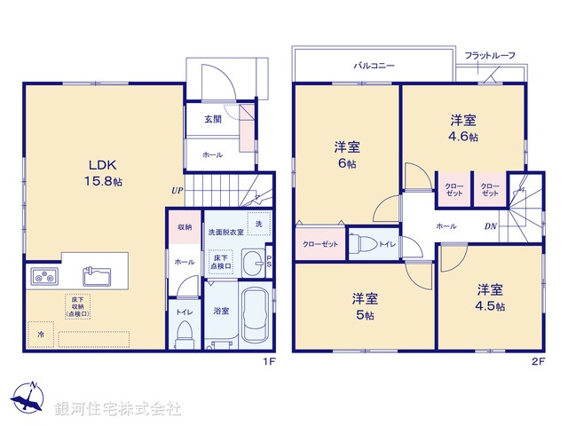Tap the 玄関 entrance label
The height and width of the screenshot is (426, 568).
pyautogui.click(x=212, y=119)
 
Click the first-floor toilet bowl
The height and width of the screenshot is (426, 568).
pyautogui.click(x=185, y=333)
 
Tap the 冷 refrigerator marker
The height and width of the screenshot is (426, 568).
pyautogui.click(x=41, y=335)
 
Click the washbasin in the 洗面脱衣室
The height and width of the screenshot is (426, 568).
pyautogui.click(x=253, y=262)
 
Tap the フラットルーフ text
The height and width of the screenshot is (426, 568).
pyautogui.click(x=490, y=55)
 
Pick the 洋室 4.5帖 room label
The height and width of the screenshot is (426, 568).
pyautogui.click(x=490, y=297)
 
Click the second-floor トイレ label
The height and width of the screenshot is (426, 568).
pyautogui.click(x=387, y=243)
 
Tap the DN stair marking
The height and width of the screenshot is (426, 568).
pyautogui.click(x=490, y=226)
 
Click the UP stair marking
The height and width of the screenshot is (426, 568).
pyautogui.click(x=177, y=190)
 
